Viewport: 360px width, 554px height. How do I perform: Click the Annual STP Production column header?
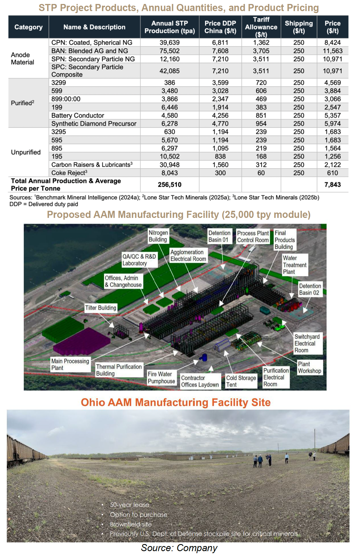tap(169, 27)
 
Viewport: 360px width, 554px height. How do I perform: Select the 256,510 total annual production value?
tap(169, 185)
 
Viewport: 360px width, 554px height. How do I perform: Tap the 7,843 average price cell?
tap(332, 185)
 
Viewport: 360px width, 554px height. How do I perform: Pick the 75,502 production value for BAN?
tap(169, 51)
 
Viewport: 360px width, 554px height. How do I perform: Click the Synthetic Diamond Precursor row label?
tap(94, 124)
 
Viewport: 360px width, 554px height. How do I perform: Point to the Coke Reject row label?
tap(69, 173)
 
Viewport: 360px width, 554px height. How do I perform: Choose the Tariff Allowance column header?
tap(261, 27)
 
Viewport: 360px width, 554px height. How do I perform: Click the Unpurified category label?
tap(26, 152)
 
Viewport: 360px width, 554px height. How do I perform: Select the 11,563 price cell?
tap(332, 51)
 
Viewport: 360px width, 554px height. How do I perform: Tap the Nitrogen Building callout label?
tap(158, 236)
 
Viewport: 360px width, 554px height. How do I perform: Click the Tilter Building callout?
tap(101, 308)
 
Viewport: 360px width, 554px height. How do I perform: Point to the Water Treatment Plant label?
tap(295, 265)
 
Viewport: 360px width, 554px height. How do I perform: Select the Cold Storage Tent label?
tap(241, 381)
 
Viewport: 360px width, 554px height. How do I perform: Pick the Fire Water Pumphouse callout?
tap(161, 378)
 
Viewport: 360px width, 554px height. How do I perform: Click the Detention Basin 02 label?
tap(310, 289)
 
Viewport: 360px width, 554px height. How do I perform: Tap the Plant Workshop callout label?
tap(309, 367)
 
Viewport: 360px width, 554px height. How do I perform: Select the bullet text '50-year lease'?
tap(129, 505)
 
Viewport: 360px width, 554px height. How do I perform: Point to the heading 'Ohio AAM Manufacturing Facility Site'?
tap(176, 402)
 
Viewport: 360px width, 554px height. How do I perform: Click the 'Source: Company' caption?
tap(179, 548)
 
